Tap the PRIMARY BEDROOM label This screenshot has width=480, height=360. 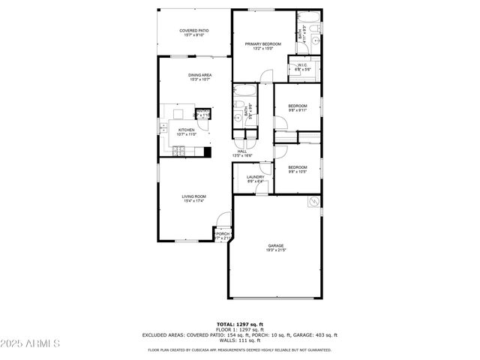[x=262, y=45]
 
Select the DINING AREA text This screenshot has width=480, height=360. [x=199, y=76]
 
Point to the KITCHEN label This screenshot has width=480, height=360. [x=186, y=131]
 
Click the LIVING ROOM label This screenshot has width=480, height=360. [x=193, y=198]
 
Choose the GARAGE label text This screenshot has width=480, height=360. [x=276, y=247]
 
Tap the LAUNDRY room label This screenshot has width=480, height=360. [x=256, y=178]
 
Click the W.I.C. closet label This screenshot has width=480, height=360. [x=303, y=67]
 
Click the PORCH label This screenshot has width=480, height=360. [x=223, y=235]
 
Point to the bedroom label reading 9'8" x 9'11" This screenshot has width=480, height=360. [x=298, y=108]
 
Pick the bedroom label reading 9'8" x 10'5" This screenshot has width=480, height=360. [x=298, y=169]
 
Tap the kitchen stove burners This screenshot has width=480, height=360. [x=179, y=151]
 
